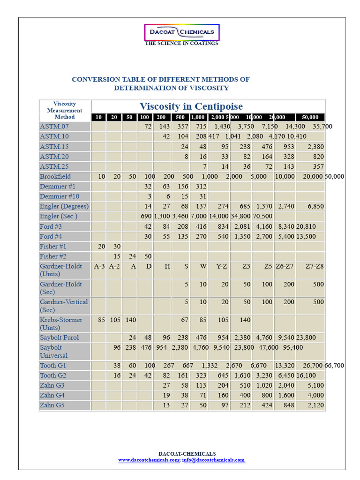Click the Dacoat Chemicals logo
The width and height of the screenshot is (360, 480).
click(181, 32)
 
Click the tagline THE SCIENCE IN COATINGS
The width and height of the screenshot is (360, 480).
click(181, 44)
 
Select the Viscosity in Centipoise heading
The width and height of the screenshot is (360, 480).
click(191, 106)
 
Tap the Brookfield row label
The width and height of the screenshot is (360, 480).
click(55, 176)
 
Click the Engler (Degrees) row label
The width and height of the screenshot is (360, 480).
click(64, 206)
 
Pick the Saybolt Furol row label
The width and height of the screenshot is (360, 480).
click(59, 337)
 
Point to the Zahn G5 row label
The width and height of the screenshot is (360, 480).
click(52, 405)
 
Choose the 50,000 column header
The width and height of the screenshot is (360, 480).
click(310, 117)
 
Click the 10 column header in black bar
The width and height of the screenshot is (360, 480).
click(98, 117)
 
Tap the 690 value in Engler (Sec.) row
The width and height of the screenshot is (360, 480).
click(146, 216)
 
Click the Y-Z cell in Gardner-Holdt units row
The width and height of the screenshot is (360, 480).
click(222, 266)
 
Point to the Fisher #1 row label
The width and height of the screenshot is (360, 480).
click(52, 246)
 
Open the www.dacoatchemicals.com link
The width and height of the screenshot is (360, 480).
click(148, 460)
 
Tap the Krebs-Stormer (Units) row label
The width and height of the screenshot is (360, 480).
click(61, 323)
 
